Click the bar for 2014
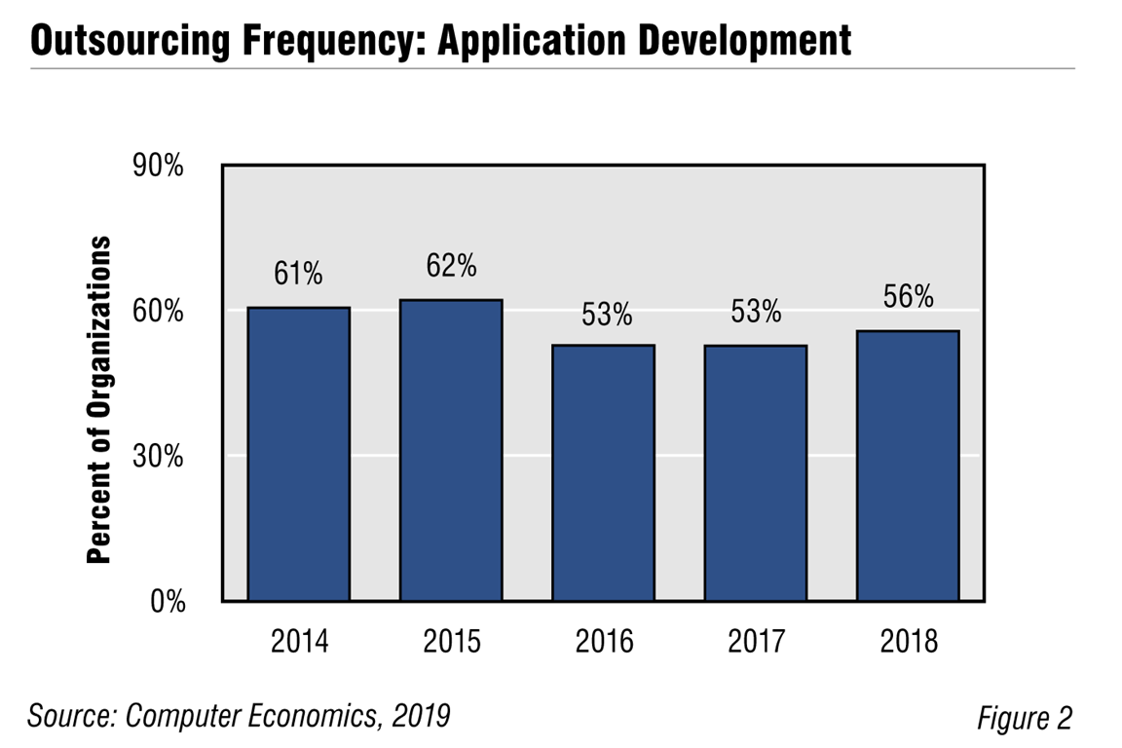(x=299, y=454)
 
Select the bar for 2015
(x=451, y=450)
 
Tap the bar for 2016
(x=603, y=472)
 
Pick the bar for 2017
(x=756, y=472)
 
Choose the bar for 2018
(x=908, y=466)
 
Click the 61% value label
(x=298, y=275)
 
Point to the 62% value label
(x=451, y=265)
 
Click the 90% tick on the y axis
(x=158, y=167)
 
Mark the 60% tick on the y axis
(x=158, y=312)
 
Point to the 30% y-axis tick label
(x=158, y=456)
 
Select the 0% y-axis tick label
(x=165, y=602)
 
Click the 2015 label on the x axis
(x=451, y=642)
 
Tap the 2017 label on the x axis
(x=756, y=642)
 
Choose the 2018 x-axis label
(x=908, y=642)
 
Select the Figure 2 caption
(x=1024, y=718)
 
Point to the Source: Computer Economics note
(x=239, y=716)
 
